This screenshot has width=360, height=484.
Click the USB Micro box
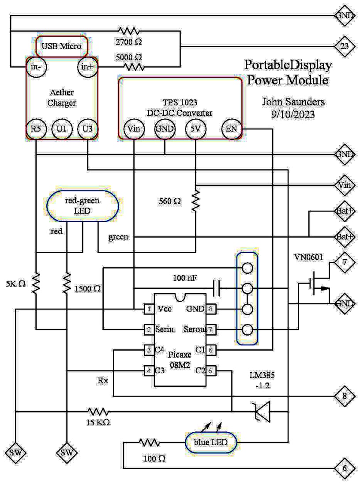pyautogui.click(x=62, y=46)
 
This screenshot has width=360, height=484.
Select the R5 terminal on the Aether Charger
pyautogui.click(x=36, y=129)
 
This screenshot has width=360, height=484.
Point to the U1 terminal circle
pyautogui.click(x=62, y=129)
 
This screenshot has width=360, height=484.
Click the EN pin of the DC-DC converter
pyautogui.click(x=231, y=129)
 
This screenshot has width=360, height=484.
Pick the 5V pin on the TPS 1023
pyautogui.click(x=195, y=129)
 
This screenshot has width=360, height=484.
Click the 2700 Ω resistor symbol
pyautogui.click(x=129, y=31)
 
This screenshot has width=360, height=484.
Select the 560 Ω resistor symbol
pyautogui.click(x=195, y=200)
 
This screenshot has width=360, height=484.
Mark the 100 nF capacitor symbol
pyautogui.click(x=216, y=288)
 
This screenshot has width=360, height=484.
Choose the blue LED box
pyautogui.click(x=210, y=442)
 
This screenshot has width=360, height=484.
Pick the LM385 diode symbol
pyautogui.click(x=262, y=412)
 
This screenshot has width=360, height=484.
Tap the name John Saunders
pyautogui.click(x=293, y=102)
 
